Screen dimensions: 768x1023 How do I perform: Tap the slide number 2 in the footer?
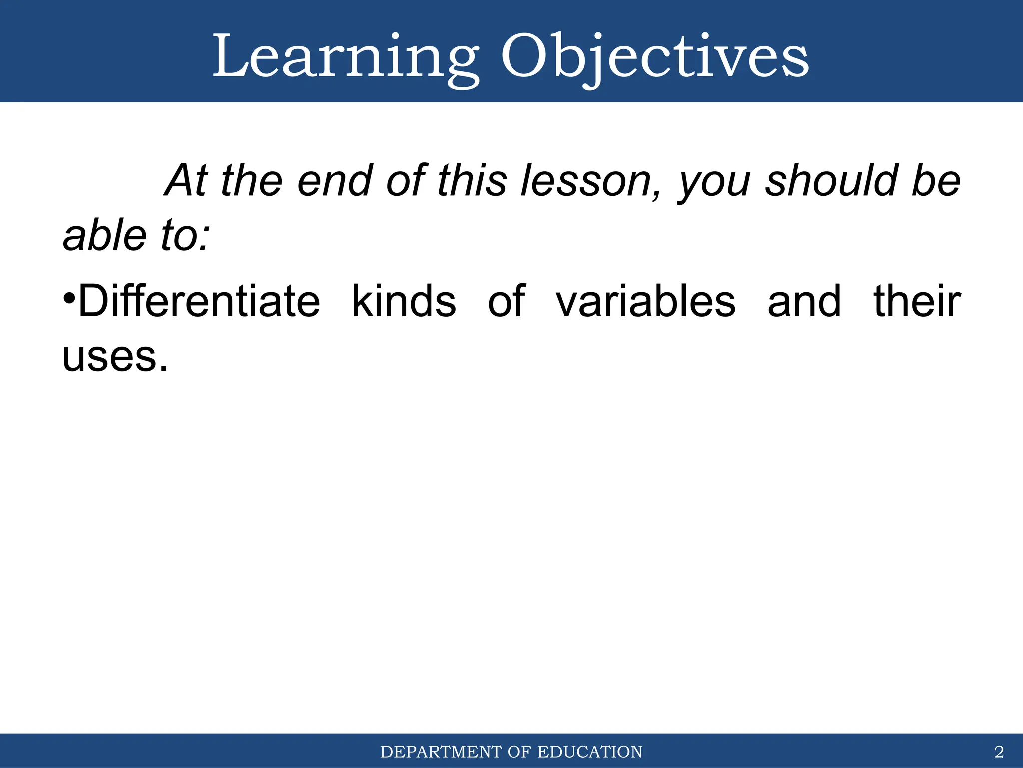pyautogui.click(x=999, y=751)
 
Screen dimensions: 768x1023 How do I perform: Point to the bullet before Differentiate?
pyautogui.click(x=69, y=300)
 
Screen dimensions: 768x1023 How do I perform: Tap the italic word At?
pyautogui.click(x=186, y=181)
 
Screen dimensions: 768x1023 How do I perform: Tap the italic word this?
pyautogui.click(x=472, y=181)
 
